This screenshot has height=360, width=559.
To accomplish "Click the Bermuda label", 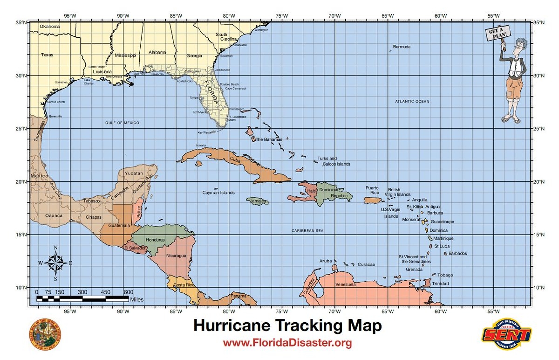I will [x=402, y=47].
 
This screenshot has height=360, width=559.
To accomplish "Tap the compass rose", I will [x=55, y=262].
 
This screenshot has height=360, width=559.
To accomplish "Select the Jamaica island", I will [x=258, y=201].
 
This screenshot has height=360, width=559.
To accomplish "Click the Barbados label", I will [x=457, y=254].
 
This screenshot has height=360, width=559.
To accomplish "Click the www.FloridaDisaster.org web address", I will [x=286, y=344].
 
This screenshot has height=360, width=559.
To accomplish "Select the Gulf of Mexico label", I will [x=122, y=123].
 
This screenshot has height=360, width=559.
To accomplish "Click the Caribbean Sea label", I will [x=307, y=231].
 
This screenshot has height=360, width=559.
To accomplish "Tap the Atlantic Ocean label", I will [x=412, y=101].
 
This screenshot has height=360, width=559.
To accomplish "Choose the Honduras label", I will [x=155, y=240].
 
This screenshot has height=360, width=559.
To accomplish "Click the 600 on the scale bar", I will [x=128, y=292].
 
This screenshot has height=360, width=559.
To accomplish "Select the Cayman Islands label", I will [x=218, y=193].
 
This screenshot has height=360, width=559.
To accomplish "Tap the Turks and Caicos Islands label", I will [x=334, y=161].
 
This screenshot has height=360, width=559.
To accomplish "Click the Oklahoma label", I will [x=49, y=27].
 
